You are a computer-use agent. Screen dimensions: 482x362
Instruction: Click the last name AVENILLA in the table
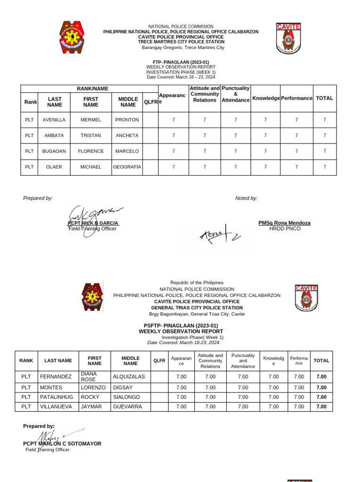pos(54,120)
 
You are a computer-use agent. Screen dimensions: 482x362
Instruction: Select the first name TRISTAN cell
pos(90,136)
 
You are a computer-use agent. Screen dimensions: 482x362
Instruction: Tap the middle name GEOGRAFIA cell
pos(127,167)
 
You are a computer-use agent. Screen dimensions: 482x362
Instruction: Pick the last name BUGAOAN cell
pos(54,151)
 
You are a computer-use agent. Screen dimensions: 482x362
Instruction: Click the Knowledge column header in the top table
pos(266,98)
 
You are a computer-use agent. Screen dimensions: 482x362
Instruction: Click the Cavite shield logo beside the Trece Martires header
pos(288,38)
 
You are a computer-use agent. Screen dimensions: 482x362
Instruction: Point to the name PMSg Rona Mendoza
pos(284,223)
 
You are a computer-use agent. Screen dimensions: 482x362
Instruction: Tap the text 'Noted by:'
pos(246,198)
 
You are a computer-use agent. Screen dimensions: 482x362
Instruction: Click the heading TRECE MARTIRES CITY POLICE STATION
pos(181,42)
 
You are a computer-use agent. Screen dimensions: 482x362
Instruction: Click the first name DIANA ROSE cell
pos(94,377)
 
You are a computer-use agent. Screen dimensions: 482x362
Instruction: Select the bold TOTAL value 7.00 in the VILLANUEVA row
pos(321,407)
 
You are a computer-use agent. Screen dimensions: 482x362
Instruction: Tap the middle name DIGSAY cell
pos(124,387)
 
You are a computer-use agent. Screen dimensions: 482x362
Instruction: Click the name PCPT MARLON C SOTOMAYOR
pos(62,443)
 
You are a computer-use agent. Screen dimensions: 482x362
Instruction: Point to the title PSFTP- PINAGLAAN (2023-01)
pos(181,326)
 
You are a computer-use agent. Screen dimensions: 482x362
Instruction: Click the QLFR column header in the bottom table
pos(159,361)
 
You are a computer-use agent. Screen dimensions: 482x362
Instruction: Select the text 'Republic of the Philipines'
pos(197,283)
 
